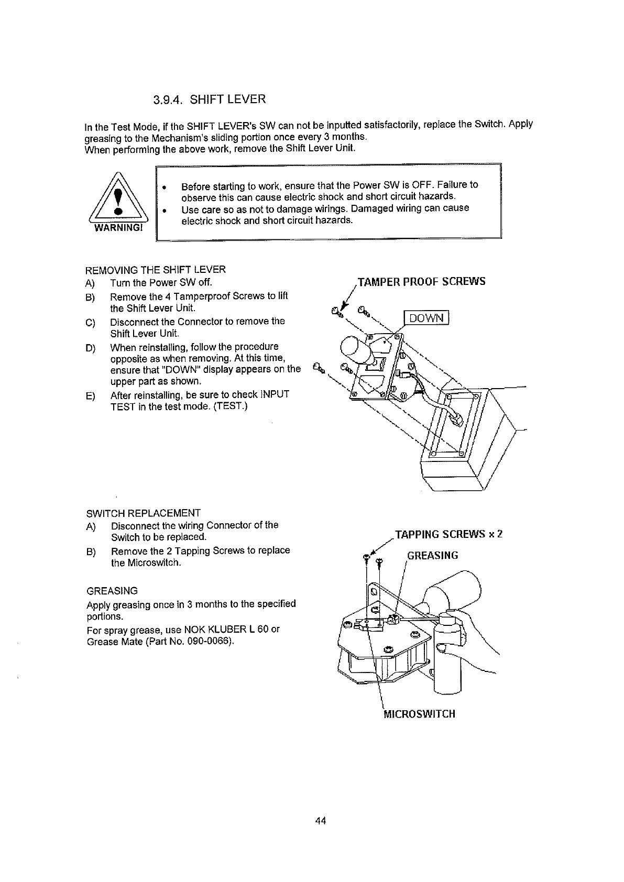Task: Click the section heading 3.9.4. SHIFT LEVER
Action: point(210,99)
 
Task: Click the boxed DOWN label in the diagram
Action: point(426,318)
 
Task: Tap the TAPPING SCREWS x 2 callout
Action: point(449,535)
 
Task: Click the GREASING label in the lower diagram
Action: point(433,556)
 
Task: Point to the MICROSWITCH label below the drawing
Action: point(420,714)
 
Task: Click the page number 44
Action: point(321,821)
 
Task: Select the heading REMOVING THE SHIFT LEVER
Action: point(156,270)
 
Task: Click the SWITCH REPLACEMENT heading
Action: point(143,513)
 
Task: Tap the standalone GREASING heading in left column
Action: point(112,591)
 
